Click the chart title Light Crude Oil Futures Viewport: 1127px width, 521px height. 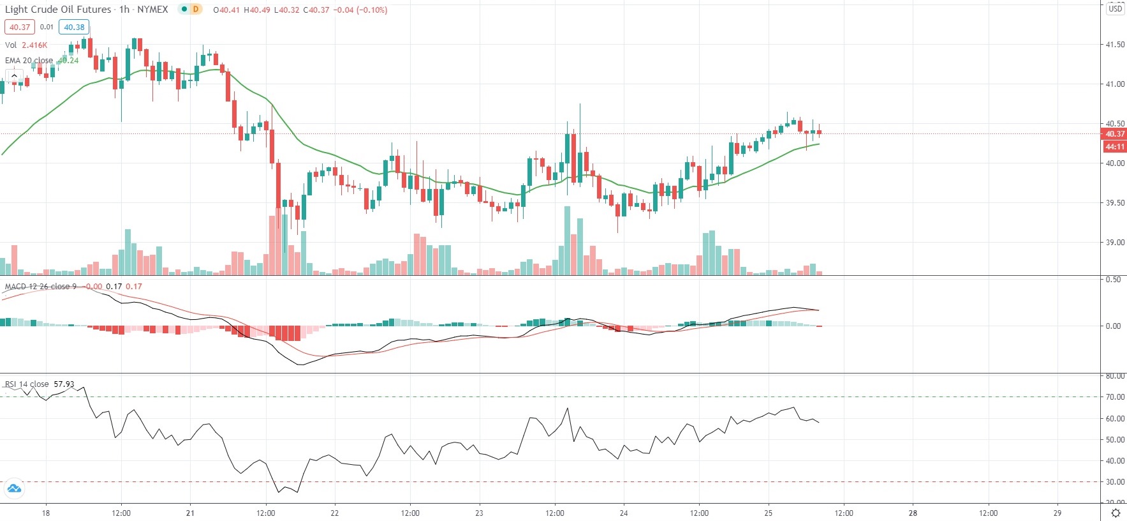[57, 10]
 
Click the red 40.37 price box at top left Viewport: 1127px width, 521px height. [19, 27]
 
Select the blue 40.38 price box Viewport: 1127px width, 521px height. [74, 27]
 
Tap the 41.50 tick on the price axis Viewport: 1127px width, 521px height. [1115, 45]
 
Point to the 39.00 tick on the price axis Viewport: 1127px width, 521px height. [1115, 243]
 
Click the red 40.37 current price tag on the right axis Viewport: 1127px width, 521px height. [1115, 134]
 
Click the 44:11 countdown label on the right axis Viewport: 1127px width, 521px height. [1115, 147]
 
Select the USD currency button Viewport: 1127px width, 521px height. [1115, 9]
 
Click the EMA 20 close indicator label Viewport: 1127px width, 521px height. [29, 61]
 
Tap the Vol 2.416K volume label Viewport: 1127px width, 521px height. [26, 45]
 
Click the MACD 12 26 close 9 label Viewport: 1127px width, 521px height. [40, 287]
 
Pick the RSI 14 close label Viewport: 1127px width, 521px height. [27, 384]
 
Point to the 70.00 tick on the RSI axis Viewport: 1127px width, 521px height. [1115, 397]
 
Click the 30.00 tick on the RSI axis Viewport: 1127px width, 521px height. [1115, 482]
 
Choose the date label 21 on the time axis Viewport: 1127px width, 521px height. [190, 513]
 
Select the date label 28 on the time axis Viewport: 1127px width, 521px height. [913, 513]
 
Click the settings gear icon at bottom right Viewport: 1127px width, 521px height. [1116, 513]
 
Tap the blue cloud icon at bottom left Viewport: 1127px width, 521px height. [14, 489]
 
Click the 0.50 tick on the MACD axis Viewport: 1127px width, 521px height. [1114, 280]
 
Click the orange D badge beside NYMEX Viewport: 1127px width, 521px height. [195, 10]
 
